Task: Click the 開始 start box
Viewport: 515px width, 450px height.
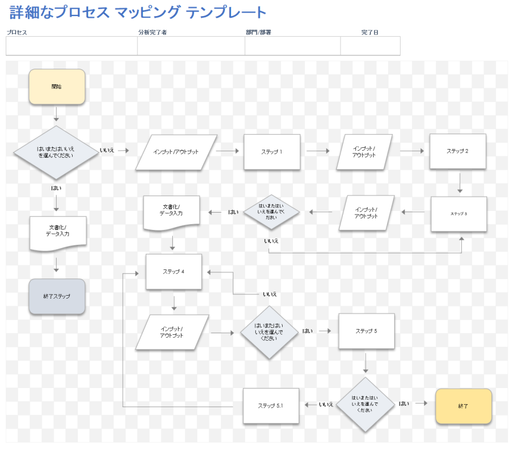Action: (x=57, y=87)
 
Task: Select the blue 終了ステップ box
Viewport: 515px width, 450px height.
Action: (x=57, y=296)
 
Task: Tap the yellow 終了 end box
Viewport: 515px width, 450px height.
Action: (x=463, y=406)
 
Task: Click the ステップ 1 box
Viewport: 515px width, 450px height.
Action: (x=272, y=152)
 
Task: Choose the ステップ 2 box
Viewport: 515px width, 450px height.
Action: (x=458, y=151)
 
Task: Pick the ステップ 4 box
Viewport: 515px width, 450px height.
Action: (x=173, y=272)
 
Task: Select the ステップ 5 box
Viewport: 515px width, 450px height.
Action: (x=366, y=331)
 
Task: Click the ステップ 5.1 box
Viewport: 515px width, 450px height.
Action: (x=271, y=406)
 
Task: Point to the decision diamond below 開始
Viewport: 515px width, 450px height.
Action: (x=56, y=152)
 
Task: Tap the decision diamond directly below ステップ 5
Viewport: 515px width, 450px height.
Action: (x=365, y=405)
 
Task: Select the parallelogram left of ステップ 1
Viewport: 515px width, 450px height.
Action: (x=176, y=152)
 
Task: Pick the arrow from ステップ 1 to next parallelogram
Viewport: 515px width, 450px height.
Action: (x=318, y=151)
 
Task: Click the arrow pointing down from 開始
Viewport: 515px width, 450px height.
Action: (x=56, y=115)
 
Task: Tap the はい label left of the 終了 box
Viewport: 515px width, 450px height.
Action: (x=404, y=404)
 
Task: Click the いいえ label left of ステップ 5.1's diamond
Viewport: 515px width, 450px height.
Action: (x=326, y=404)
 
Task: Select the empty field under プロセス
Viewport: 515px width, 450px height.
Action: (x=72, y=46)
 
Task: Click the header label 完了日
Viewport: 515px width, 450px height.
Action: (x=370, y=32)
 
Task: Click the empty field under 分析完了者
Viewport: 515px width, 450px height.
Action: (x=191, y=46)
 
